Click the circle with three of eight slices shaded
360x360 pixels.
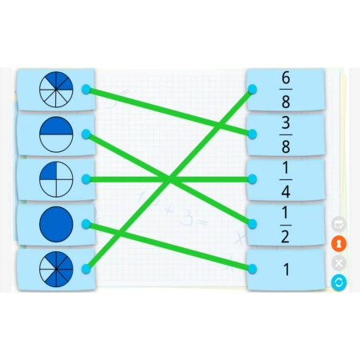(x=56, y=90)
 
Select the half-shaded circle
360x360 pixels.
(x=56, y=134)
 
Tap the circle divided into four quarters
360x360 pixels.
(x=56, y=179)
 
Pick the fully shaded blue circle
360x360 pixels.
(x=56, y=224)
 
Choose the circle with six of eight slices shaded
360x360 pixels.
(x=56, y=269)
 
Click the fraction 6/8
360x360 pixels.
(x=286, y=90)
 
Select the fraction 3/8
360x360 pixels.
(x=286, y=134)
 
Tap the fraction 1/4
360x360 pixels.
(x=286, y=180)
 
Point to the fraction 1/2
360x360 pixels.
(x=286, y=225)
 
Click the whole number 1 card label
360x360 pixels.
(x=286, y=270)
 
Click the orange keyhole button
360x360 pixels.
(x=338, y=244)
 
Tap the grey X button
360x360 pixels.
(x=338, y=263)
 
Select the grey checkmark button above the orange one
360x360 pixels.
(x=338, y=225)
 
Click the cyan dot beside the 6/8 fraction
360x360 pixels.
(x=252, y=89)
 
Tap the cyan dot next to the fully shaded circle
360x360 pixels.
(x=86, y=224)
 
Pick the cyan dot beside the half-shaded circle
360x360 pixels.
(x=86, y=134)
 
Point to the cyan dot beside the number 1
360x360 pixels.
(x=252, y=269)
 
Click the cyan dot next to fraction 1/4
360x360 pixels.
(x=252, y=179)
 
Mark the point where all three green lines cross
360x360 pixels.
(x=169, y=179)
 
